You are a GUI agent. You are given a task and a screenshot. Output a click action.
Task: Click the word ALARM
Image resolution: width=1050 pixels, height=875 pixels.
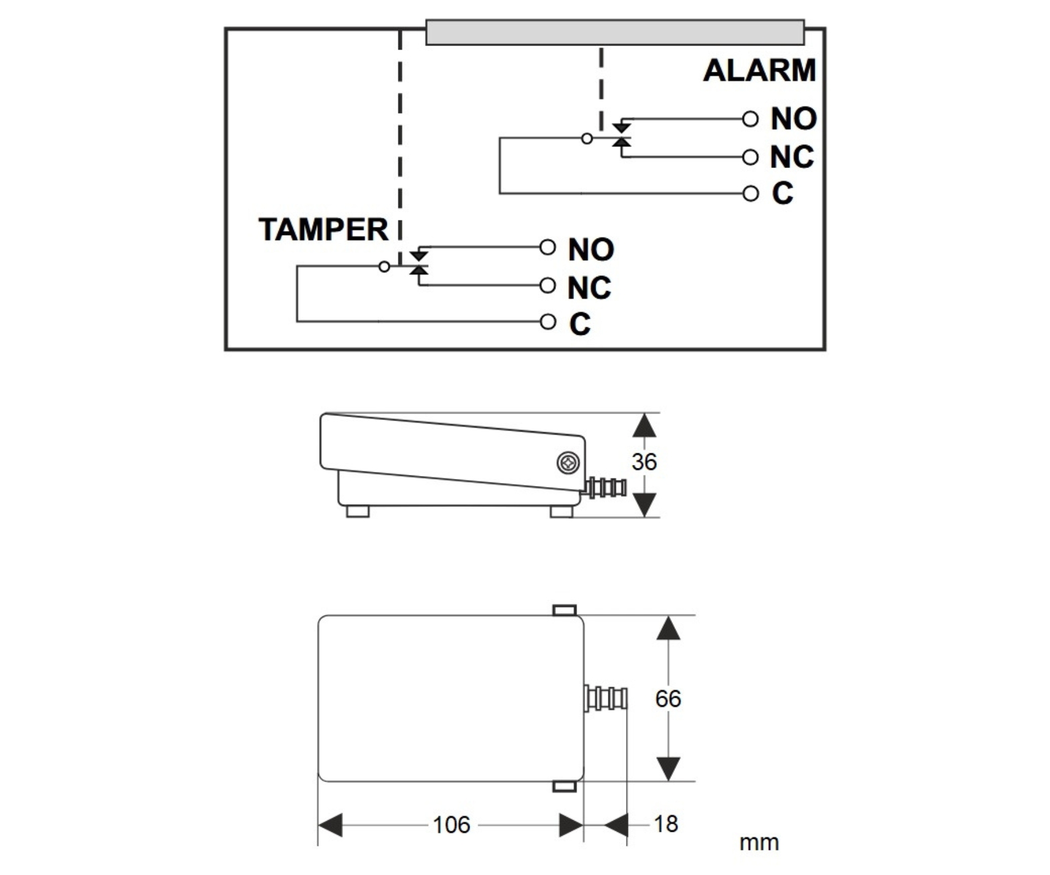click(759, 71)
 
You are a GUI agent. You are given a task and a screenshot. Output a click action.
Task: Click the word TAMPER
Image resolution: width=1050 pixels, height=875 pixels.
click(323, 229)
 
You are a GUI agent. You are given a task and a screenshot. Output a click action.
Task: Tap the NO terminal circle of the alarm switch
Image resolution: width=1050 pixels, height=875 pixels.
click(750, 119)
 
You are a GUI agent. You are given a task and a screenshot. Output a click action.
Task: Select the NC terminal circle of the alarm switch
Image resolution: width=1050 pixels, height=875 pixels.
click(750, 157)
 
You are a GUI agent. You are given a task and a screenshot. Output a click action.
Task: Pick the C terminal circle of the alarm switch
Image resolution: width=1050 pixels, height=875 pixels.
click(750, 193)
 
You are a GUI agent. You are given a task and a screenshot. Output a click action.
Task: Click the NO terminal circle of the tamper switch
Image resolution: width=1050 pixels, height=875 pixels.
click(547, 247)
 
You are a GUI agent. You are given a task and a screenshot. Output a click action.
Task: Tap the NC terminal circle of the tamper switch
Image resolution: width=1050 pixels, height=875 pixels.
click(547, 285)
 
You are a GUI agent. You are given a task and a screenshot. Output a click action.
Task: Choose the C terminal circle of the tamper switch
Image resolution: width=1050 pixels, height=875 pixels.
click(547, 321)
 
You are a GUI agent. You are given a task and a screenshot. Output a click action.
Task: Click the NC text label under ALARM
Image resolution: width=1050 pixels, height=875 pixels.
click(792, 157)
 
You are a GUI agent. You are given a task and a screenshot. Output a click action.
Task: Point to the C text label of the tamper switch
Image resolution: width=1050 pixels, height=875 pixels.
click(580, 324)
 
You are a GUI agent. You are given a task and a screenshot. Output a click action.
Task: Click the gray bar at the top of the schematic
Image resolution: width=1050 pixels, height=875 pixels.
click(615, 32)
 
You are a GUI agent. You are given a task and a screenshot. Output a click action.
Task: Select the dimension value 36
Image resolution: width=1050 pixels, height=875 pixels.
click(644, 462)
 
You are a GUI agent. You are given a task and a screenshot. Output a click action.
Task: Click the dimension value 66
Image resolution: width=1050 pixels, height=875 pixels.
click(668, 698)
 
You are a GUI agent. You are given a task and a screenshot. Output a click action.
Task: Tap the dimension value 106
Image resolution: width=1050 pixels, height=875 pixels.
click(451, 825)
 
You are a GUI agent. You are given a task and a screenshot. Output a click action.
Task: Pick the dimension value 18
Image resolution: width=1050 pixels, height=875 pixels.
click(666, 824)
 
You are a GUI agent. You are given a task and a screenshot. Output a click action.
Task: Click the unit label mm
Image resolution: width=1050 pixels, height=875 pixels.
click(759, 842)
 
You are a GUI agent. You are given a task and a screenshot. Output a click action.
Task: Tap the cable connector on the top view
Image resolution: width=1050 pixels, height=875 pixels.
click(606, 698)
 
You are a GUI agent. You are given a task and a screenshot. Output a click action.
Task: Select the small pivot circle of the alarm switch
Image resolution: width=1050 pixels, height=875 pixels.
click(587, 139)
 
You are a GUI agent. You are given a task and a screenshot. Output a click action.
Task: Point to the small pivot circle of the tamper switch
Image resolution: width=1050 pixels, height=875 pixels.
click(384, 267)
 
